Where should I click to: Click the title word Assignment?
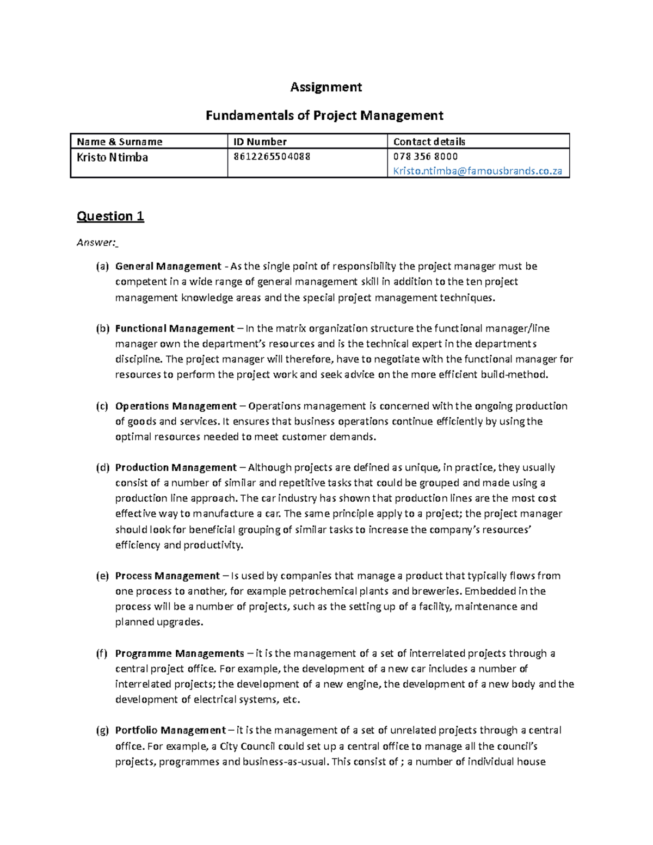click(326, 87)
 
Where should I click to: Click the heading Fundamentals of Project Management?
click(324, 115)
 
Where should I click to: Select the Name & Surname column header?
click(120, 142)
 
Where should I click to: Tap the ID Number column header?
click(260, 142)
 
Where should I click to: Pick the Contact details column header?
click(429, 142)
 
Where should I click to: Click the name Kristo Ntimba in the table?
click(113, 157)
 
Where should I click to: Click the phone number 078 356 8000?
click(426, 157)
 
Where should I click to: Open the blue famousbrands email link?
click(477, 171)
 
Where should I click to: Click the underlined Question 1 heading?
click(110, 217)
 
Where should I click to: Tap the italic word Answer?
click(96, 243)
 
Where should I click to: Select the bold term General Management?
click(168, 267)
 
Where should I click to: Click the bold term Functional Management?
click(175, 329)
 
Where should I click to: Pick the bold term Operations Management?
click(176, 406)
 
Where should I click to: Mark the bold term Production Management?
click(176, 468)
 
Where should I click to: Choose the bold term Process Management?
click(168, 576)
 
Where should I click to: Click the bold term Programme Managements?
click(180, 653)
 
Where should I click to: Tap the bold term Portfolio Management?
click(170, 731)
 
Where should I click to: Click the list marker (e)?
click(102, 576)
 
